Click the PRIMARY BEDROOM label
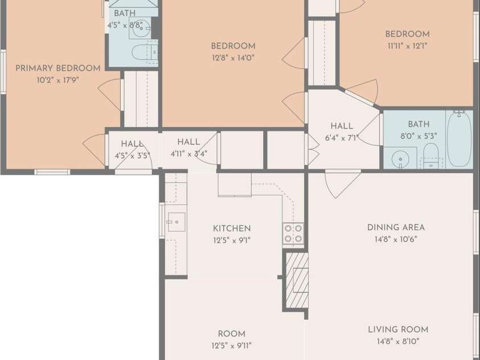[58, 68]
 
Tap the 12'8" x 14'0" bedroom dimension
[233, 58]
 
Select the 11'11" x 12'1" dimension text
[407, 46]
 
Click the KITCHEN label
[232, 228]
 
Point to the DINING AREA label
[396, 227]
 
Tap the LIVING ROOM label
[398, 330]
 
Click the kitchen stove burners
[293, 234]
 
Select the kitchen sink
[177, 222]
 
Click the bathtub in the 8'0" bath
[459, 138]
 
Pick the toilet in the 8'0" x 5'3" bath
[431, 155]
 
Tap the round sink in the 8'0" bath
[400, 159]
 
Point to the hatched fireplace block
[297, 280]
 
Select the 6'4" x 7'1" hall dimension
[341, 138]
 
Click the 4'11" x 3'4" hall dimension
[189, 154]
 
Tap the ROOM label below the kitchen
[231, 334]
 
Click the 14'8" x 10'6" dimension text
[396, 239]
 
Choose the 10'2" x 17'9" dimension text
[58, 80]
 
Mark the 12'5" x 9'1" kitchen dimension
[232, 240]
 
